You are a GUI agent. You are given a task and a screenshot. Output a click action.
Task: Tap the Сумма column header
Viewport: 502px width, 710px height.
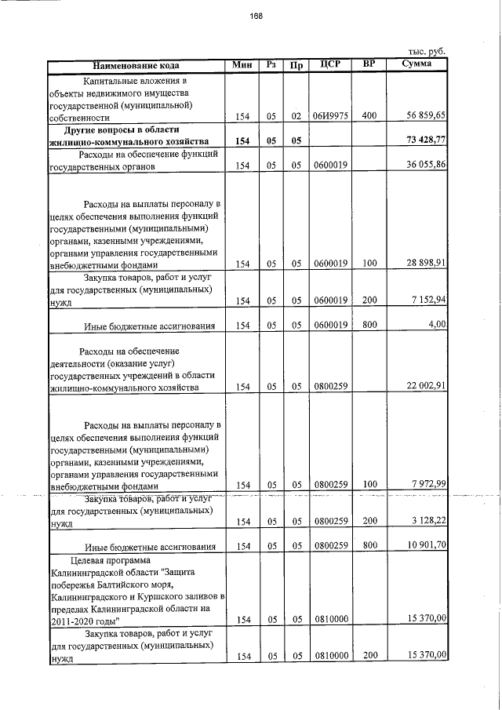click(x=416, y=64)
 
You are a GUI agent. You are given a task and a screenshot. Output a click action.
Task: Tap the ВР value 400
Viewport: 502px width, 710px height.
click(x=369, y=117)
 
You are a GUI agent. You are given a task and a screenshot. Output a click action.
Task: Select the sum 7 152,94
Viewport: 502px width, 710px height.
click(x=429, y=300)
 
